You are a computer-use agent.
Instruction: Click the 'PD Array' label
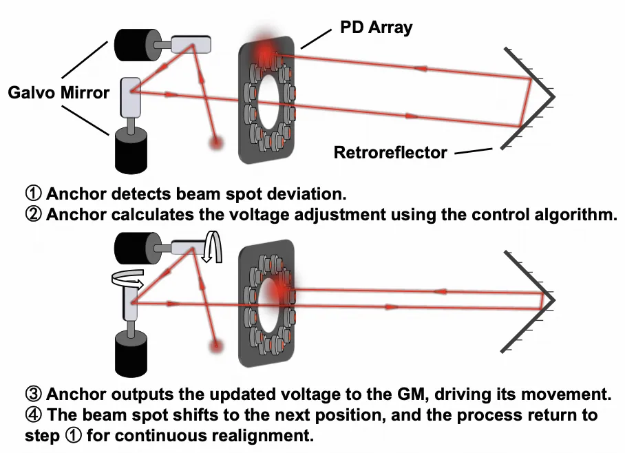tap(376, 28)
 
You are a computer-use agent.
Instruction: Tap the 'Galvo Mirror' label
tap(59, 92)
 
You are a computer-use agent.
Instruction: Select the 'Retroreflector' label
tap(390, 152)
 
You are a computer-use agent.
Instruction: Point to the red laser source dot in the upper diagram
tap(218, 143)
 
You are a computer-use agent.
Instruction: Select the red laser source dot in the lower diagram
tap(218, 342)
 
